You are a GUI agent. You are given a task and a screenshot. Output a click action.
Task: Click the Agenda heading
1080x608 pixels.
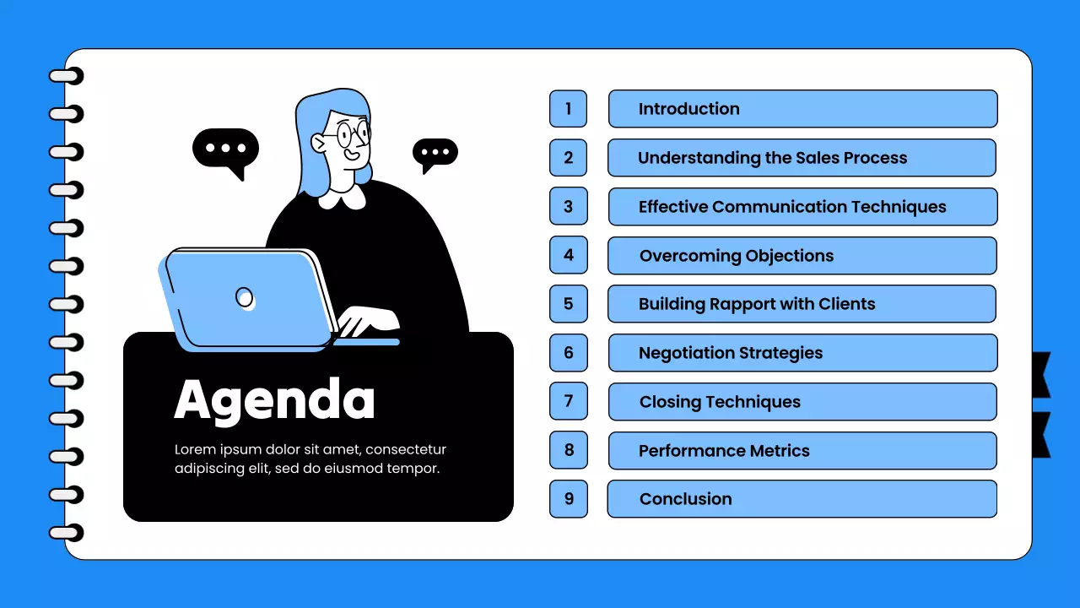coord(274,399)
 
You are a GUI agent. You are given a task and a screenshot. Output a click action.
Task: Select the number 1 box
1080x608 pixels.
coord(568,109)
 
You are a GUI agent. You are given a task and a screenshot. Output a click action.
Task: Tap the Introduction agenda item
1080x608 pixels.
coord(802,109)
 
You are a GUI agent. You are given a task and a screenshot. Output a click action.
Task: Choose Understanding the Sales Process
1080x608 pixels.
coord(802,158)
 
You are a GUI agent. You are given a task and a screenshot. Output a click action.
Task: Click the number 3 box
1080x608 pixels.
coord(568,207)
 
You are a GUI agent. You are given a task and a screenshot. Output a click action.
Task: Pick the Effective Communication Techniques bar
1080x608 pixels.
coord(802,207)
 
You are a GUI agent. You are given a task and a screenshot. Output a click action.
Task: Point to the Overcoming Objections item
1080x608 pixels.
coord(802,256)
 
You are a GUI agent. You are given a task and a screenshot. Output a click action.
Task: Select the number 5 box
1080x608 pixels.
coord(568,304)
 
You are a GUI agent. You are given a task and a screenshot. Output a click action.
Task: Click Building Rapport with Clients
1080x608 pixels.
coord(802,304)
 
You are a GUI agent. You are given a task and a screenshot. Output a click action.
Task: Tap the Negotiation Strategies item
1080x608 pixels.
coord(802,353)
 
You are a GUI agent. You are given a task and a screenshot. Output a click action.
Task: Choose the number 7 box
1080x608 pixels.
coord(568,402)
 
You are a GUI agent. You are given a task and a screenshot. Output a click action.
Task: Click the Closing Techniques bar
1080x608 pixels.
coord(802,402)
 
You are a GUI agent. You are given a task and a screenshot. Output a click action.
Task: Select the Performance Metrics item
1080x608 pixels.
coord(802,451)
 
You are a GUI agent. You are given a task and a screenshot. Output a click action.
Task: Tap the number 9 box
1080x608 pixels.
coord(568,499)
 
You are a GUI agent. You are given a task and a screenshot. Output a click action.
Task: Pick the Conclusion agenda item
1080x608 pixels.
coord(802,499)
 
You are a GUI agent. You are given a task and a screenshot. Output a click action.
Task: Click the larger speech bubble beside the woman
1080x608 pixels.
coord(225,149)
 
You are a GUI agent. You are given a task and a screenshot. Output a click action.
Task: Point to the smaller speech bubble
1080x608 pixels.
coord(435,153)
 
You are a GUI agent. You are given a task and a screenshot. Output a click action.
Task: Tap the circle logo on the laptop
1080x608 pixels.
coord(244,297)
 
